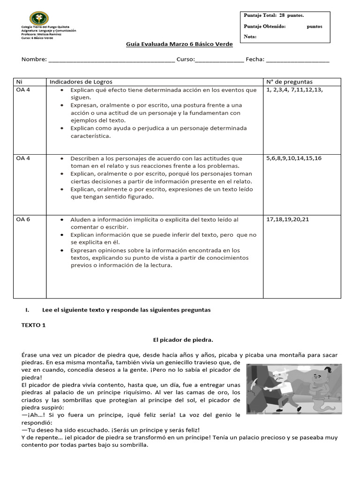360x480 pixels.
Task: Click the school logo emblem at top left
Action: click(39, 18)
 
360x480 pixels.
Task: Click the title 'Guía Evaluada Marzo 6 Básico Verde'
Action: click(179, 44)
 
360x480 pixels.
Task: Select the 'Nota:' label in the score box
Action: click(250, 37)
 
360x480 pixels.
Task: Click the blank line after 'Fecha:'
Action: click(297, 60)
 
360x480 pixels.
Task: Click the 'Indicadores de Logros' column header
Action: click(81, 82)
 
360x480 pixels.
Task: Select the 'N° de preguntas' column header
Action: click(289, 82)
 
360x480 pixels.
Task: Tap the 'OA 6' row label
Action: click(23, 219)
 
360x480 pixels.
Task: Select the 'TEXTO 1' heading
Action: click(34, 325)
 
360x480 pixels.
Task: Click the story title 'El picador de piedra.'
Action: click(180, 339)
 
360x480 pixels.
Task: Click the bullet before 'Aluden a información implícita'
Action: click(62, 220)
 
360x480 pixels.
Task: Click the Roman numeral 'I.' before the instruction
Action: click(27, 310)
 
